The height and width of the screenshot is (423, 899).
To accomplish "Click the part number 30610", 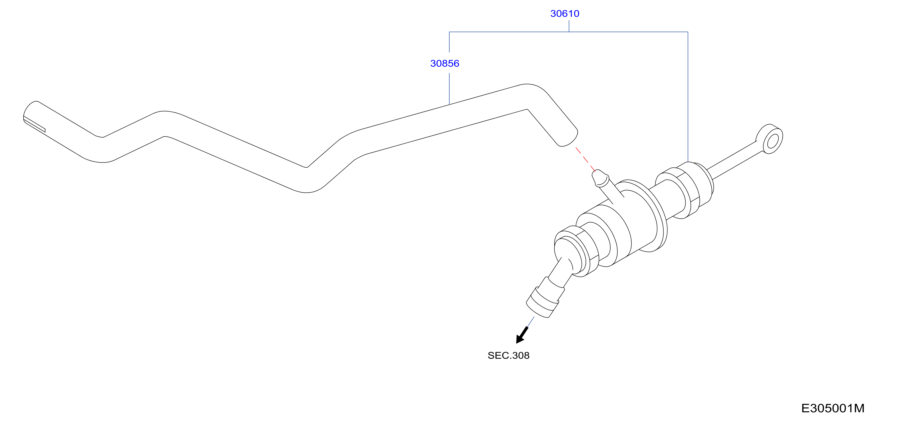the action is point(564,14).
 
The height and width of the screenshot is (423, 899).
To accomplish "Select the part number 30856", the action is point(445,64).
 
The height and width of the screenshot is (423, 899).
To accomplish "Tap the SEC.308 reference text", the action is point(508,355).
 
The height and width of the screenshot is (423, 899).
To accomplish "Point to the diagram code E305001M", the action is point(833,408).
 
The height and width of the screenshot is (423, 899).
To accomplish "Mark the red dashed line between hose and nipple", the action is point(585,159).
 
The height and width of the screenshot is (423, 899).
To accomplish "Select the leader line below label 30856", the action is point(449,89).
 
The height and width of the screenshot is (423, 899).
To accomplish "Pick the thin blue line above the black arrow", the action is point(531,322).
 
